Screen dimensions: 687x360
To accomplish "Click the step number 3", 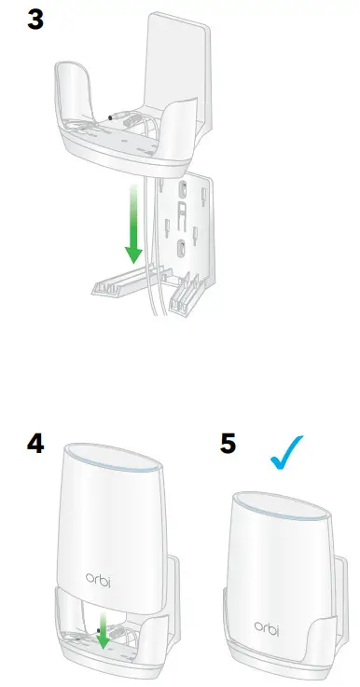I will (x=36, y=20).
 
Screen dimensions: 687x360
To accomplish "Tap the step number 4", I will (x=35, y=442).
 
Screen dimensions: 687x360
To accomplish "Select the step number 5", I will (x=228, y=442).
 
